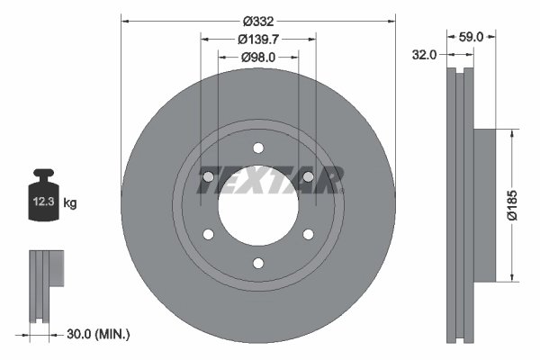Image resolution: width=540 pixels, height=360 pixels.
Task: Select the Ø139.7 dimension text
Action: tap(258, 39)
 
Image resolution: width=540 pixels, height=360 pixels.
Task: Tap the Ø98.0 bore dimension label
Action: tap(258, 57)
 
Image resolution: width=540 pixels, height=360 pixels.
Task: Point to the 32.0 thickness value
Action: tap(426, 55)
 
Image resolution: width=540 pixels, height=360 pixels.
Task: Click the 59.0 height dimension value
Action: tap(472, 37)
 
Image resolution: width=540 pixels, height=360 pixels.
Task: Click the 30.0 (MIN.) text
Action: tap(99, 334)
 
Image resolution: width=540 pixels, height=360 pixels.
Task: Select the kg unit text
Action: tap(71, 203)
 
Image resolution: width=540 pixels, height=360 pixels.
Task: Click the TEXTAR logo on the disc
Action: tap(269, 179)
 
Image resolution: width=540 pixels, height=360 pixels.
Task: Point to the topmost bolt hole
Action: tap(258, 148)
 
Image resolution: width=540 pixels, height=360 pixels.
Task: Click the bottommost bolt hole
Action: tap(258, 263)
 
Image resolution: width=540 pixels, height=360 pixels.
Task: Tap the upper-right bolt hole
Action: tap(308, 177)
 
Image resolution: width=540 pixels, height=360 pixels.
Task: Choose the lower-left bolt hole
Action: tap(209, 235)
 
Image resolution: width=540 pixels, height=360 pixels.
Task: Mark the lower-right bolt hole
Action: tap(308, 235)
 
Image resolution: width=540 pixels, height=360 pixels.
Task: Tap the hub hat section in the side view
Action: tap(484, 205)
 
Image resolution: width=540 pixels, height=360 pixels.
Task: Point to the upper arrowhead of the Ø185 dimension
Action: tap(513, 132)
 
